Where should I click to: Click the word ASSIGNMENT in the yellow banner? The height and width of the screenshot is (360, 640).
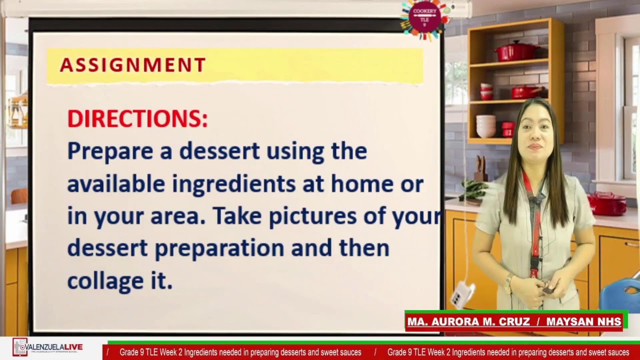coord(132,65)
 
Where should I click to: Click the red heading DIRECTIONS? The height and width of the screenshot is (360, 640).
coord(137,119)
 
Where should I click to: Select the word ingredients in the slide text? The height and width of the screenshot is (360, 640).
coord(234,184)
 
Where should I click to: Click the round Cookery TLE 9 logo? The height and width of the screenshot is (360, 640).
coord(424,18)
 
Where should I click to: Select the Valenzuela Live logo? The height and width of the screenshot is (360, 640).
coord(48,347)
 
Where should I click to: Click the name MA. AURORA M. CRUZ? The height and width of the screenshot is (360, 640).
coord(468,322)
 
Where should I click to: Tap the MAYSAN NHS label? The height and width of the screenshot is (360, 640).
coord(583,322)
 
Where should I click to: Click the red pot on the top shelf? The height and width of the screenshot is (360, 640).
coord(515,51)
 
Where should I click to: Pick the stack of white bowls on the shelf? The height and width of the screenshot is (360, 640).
coord(485,126)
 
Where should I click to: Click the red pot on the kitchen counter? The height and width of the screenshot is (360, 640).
coord(606,203)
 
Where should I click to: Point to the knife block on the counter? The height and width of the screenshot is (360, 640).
coord(480,169)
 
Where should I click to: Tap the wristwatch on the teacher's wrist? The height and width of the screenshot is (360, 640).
coord(508,283)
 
